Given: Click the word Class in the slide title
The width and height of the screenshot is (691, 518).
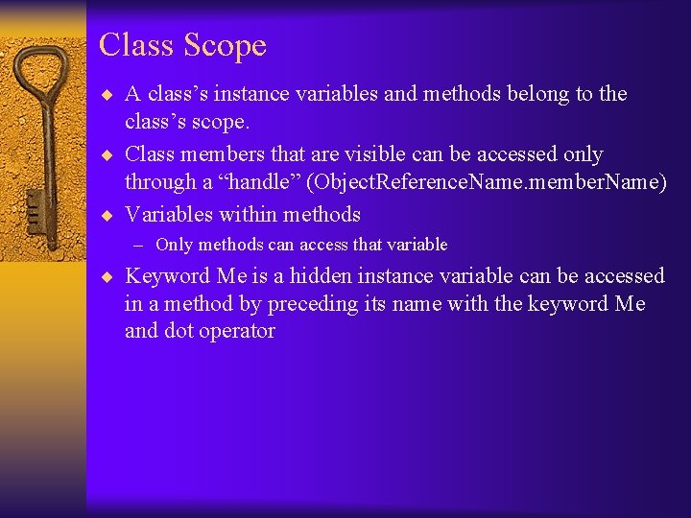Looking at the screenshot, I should [134, 45].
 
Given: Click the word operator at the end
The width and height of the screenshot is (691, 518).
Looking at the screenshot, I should [235, 332].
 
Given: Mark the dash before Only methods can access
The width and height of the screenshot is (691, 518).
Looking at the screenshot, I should [140, 245].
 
